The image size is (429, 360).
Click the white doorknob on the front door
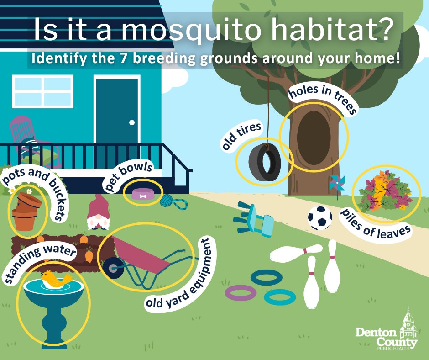click(x=132, y=122)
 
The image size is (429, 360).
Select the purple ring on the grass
click(x=241, y=292)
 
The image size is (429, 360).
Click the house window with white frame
click(x=42, y=91)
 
